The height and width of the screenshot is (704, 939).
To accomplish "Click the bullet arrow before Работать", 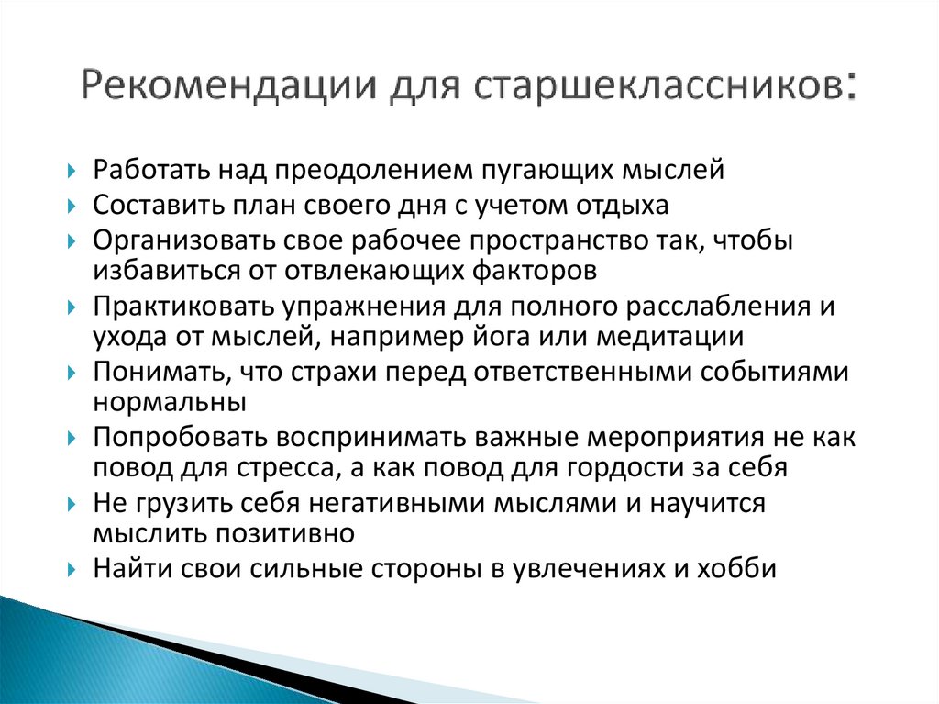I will coord(72,172).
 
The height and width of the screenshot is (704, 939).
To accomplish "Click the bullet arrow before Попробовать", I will coord(72,439).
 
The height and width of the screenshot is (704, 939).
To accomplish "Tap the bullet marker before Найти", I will coord(72,569).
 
